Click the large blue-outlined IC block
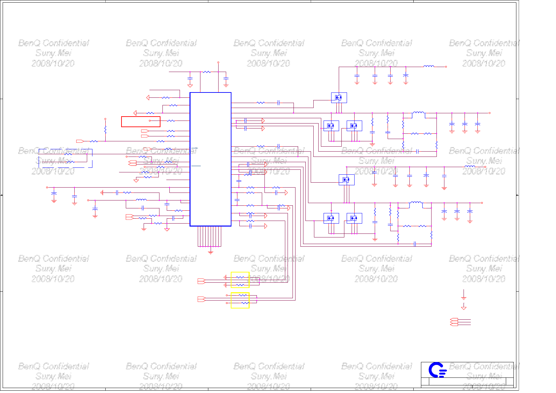coord(210,159)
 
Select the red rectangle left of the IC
coord(141,122)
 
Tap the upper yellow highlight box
coord(240,280)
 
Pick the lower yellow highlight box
coord(240,301)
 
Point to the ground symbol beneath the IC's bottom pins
coord(211,253)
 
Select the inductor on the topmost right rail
coord(429,66)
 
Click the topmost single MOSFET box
coord(339,97)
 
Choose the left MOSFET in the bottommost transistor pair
coord(331,218)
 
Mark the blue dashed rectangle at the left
coord(65,158)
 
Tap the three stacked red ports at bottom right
coord(454,322)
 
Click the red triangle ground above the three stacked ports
coord(464,308)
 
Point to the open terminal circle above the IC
coord(218,62)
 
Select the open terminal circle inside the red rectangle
coord(150,121)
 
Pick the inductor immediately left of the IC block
coord(141,200)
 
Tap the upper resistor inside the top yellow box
coord(240,277)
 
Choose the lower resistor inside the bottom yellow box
coord(245,303)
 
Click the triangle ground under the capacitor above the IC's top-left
coord(190,86)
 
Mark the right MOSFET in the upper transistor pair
coord(354,126)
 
